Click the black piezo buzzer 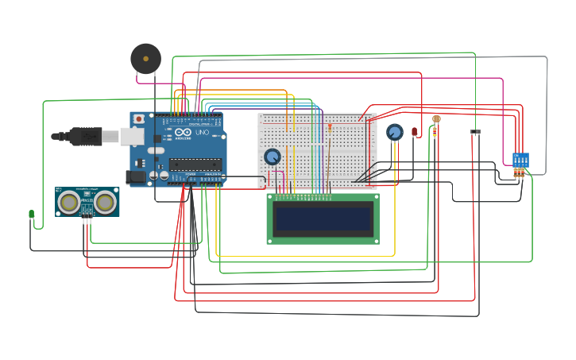[145, 59]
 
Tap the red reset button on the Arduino [139, 118]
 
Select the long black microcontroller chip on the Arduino [195, 165]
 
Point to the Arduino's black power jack [136, 178]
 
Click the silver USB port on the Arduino [133, 137]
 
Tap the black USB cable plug [83, 136]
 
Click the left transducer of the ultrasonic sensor [70, 203]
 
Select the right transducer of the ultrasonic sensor [105, 203]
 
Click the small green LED [31, 214]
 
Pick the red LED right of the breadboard [414, 131]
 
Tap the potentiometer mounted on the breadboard [273, 157]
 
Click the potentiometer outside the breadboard [395, 132]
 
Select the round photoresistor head [436, 119]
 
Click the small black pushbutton [476, 132]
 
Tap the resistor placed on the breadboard [330, 128]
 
